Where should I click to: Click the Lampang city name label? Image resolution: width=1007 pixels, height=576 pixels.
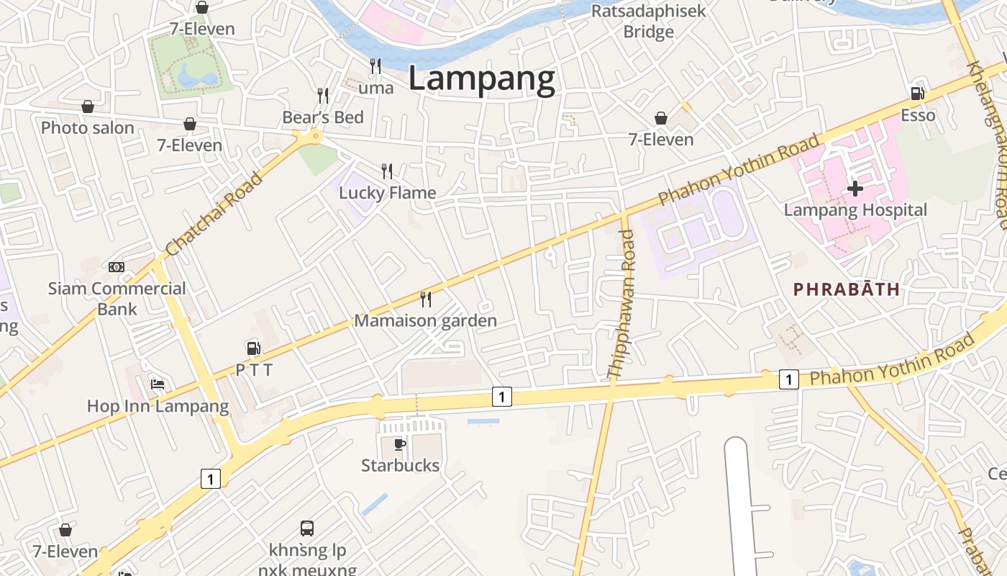[481, 78]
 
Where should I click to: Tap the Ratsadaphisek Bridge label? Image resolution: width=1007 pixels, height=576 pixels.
[648, 22]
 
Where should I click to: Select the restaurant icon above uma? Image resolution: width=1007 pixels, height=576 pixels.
[375, 66]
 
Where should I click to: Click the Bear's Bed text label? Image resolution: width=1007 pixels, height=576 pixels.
[323, 117]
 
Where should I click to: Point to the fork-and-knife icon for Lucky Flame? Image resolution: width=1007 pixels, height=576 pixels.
[387, 171]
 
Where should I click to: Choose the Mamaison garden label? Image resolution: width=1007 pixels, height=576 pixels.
[425, 320]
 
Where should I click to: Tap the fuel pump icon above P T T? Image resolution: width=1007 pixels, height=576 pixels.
[253, 348]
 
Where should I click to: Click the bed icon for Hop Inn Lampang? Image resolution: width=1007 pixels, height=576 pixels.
[158, 384]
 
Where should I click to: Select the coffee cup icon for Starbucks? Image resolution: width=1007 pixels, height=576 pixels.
[400, 444]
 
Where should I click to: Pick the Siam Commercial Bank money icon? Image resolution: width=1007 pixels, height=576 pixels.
[117, 267]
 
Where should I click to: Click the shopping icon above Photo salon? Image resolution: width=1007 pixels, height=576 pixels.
[88, 107]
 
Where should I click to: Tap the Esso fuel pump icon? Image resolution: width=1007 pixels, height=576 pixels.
[917, 93]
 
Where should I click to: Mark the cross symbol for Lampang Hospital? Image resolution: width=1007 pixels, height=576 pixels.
[855, 189]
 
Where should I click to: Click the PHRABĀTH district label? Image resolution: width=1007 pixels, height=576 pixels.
[846, 289]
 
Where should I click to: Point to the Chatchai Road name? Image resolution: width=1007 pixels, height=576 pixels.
[214, 213]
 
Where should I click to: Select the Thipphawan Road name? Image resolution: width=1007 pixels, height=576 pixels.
[621, 304]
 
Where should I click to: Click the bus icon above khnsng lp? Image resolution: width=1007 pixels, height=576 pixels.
[307, 528]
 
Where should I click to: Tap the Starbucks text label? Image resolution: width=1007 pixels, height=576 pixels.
[400, 465]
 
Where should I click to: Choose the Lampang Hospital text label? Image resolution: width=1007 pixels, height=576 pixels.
[855, 210]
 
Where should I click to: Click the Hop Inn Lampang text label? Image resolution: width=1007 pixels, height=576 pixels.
[158, 406]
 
